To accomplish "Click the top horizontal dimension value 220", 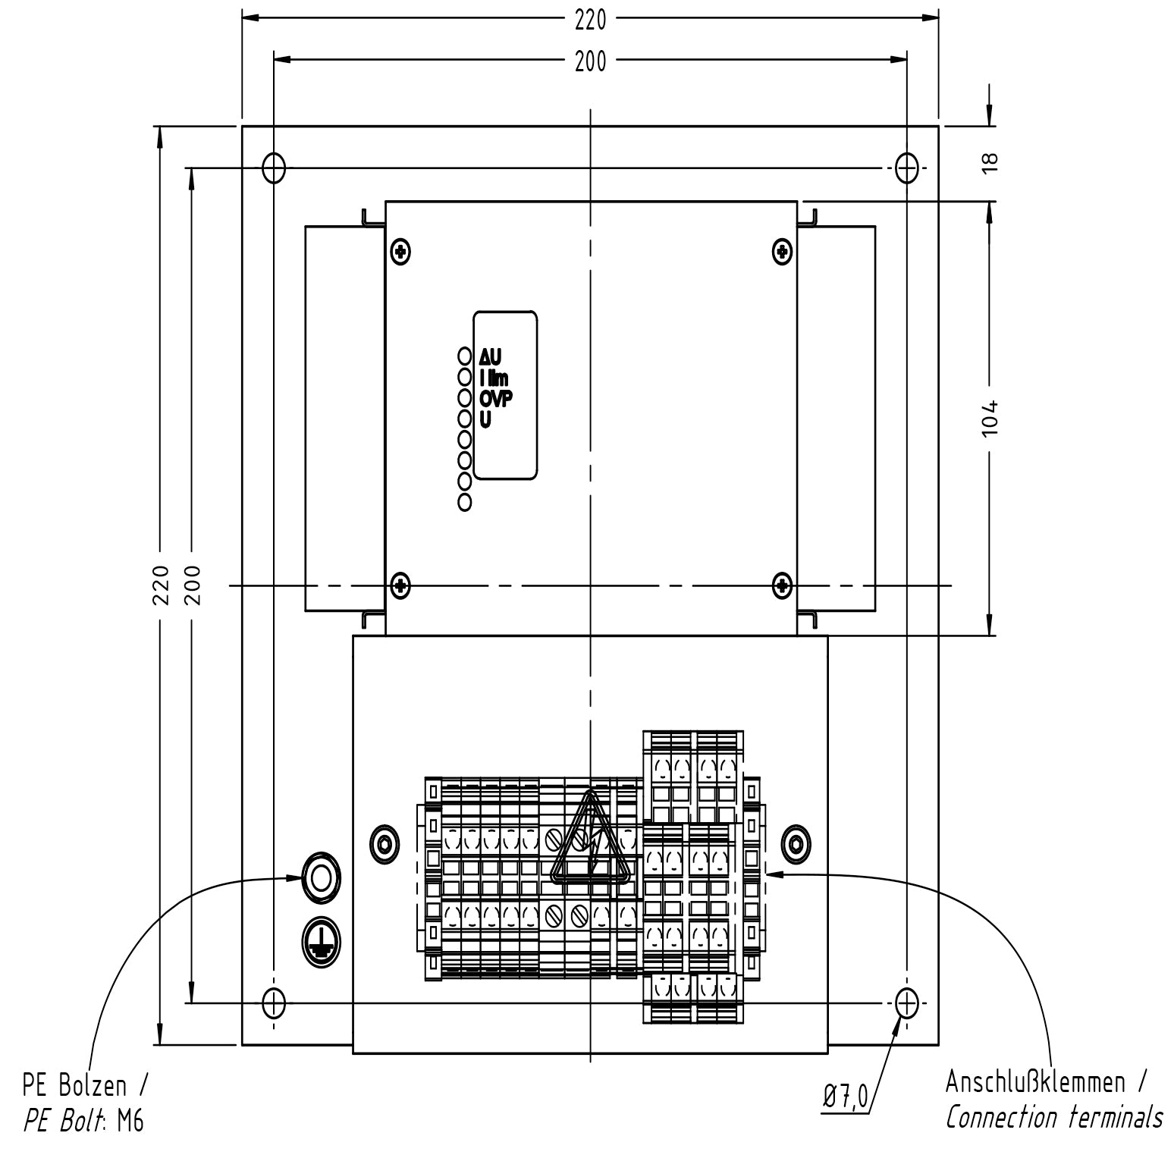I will tap(590, 20).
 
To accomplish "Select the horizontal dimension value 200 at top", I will tap(590, 62).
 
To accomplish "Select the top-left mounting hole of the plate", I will tap(274, 168).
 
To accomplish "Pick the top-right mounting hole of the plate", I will tap(906, 168).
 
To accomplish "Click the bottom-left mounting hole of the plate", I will tap(274, 1003).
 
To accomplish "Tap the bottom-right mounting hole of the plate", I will tap(906, 1003).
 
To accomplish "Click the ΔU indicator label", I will tap(491, 356).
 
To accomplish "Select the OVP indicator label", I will tap(496, 398).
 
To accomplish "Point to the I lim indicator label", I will tap(494, 377).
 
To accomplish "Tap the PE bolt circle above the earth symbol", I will tap(321, 877).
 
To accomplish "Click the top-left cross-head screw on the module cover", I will tap(400, 251).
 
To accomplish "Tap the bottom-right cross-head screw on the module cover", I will tap(782, 585).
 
